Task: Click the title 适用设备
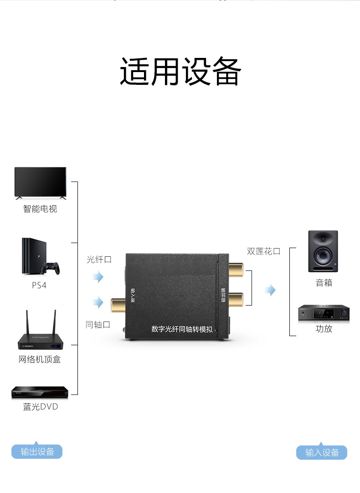click(180, 72)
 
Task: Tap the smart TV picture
click(40, 183)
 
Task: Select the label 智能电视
click(40, 209)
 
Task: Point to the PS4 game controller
click(51, 268)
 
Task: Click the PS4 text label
click(39, 285)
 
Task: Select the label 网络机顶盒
click(40, 359)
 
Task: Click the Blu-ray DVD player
click(40, 392)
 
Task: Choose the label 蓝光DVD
click(41, 406)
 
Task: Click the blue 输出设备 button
click(37, 451)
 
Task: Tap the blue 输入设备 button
click(322, 452)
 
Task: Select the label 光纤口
click(99, 259)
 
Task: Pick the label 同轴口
click(98, 325)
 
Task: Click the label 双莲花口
click(263, 251)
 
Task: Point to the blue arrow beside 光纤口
click(98, 277)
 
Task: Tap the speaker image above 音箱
click(323, 251)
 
